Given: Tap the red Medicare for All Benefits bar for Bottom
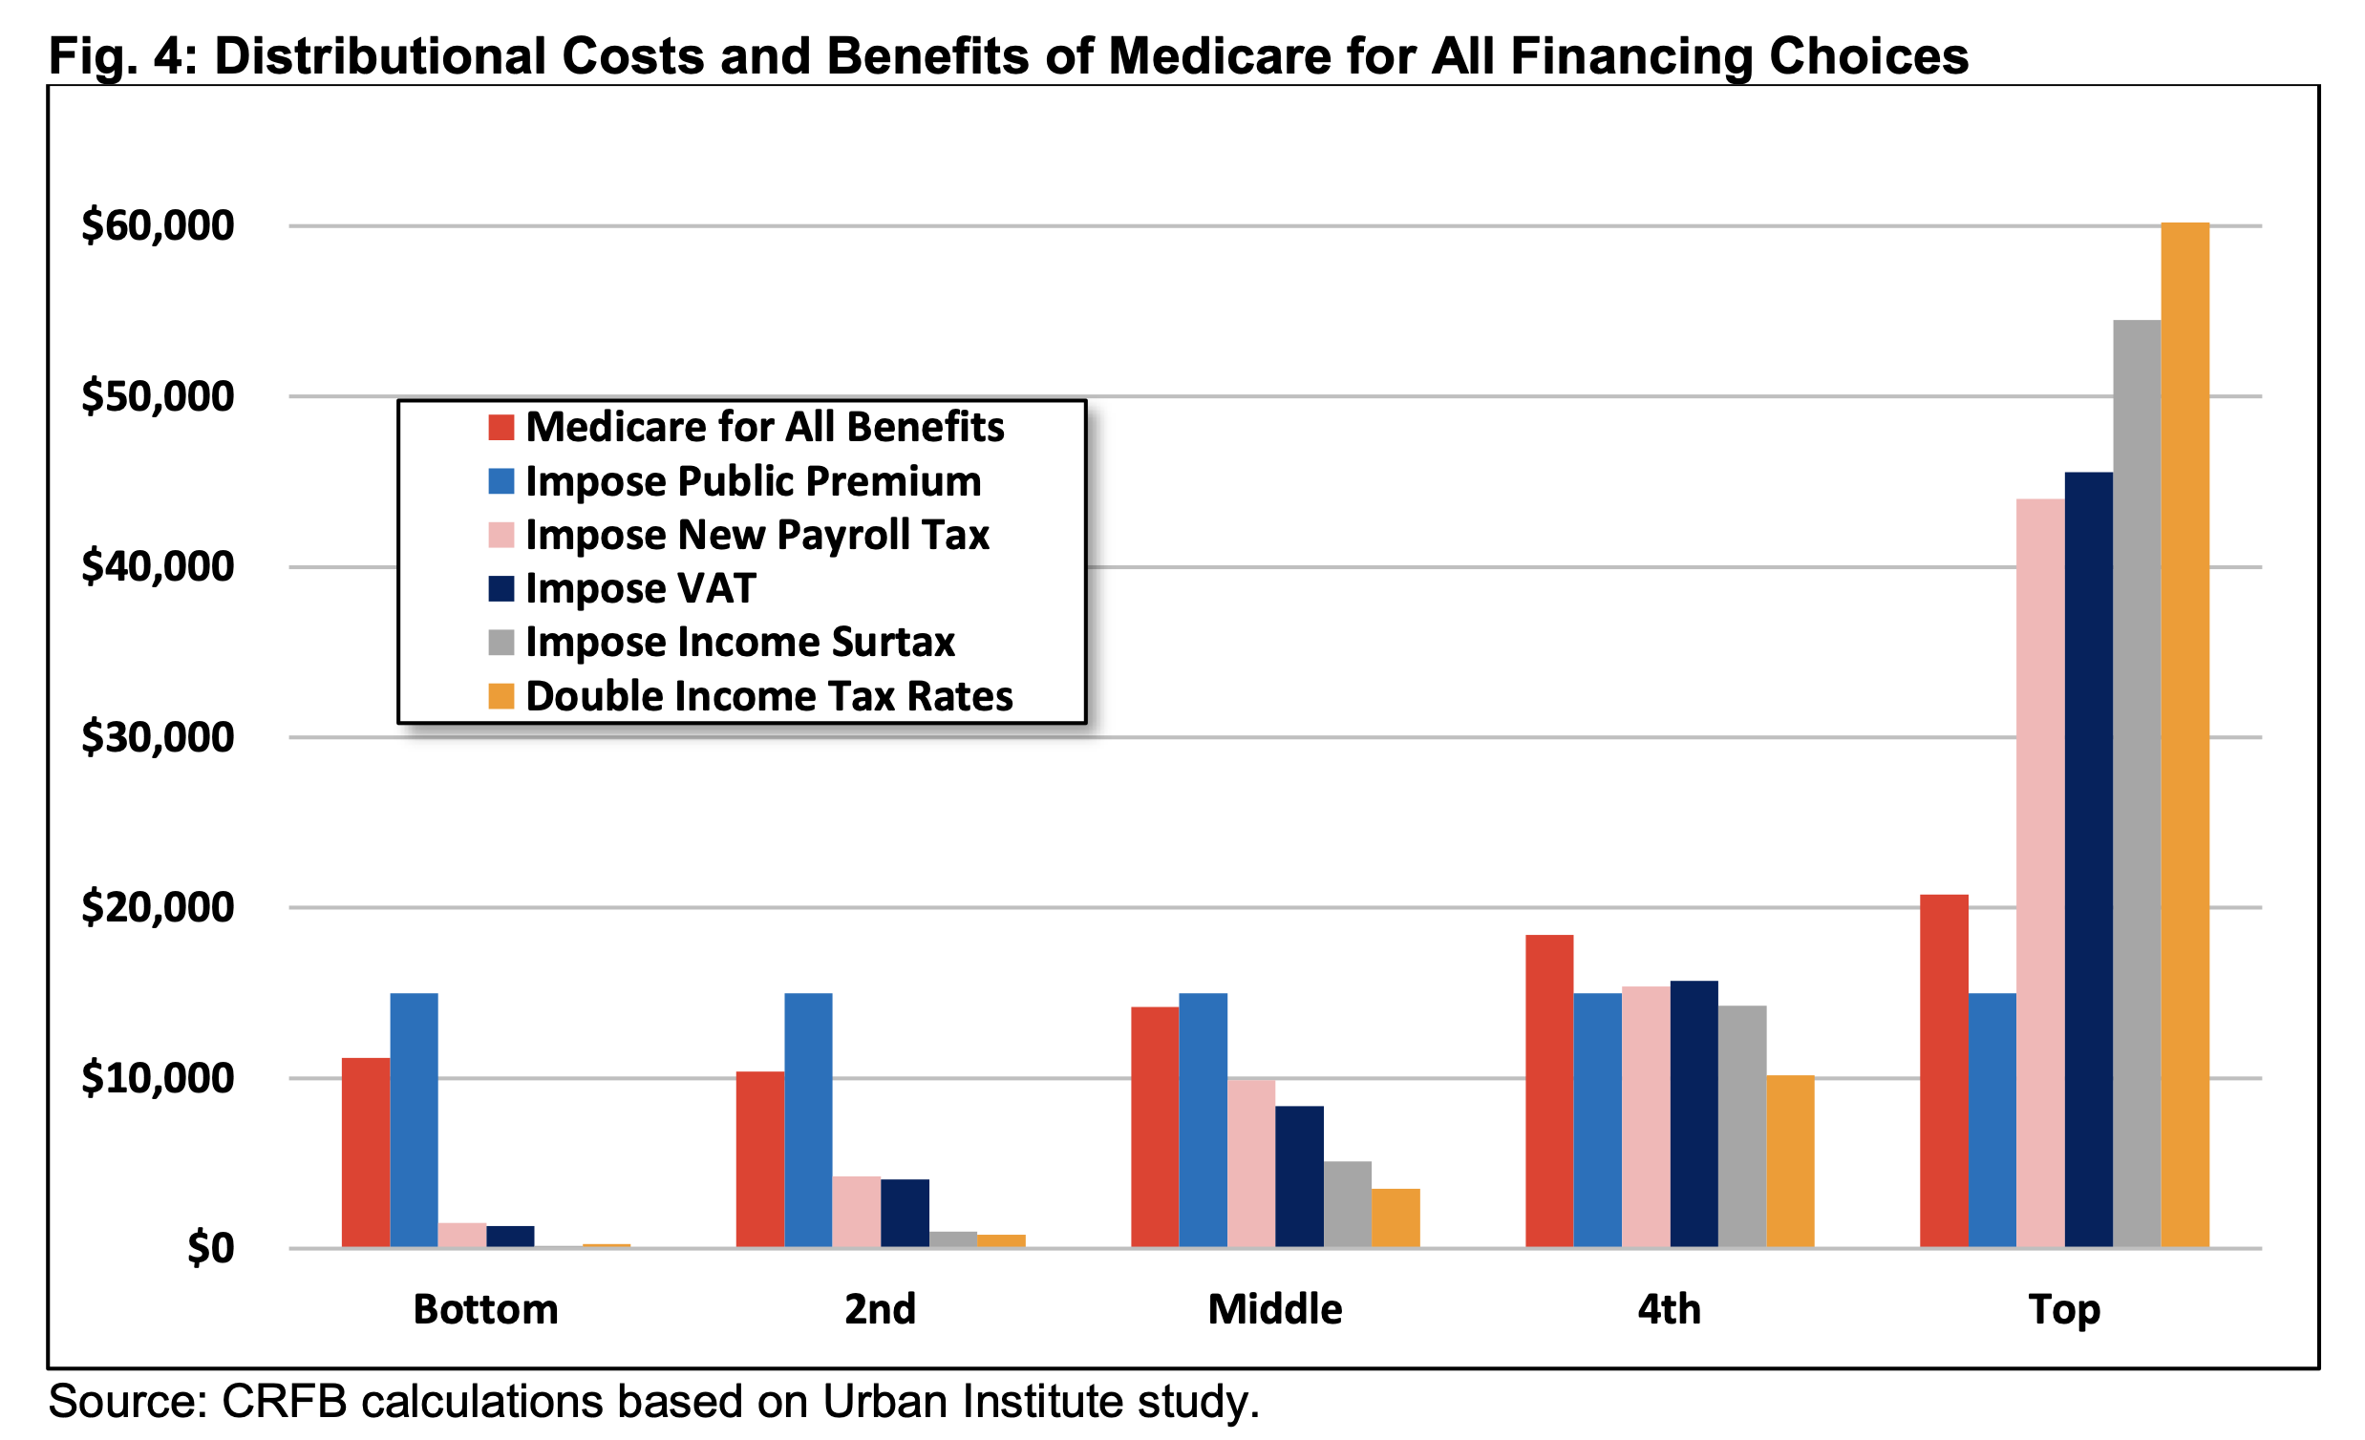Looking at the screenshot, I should (x=366, y=1153).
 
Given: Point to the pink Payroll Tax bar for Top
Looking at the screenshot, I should (x=2040, y=873).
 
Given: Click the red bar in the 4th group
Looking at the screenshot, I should (x=1549, y=1091).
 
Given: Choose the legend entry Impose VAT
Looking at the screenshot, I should (x=640, y=588).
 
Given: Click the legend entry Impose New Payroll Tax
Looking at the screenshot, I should (x=756, y=535).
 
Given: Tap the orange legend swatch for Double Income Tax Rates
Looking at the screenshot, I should (x=501, y=695).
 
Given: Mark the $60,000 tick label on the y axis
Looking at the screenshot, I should (x=158, y=225).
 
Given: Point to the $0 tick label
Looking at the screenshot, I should (x=210, y=1248).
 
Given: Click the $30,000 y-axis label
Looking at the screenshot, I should (x=158, y=737).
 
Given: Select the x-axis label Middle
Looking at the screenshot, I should (x=1274, y=1309).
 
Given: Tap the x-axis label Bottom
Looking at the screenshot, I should (x=485, y=1309).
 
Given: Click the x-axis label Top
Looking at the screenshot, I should (x=2063, y=1309).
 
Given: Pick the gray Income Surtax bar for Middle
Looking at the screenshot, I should (x=1348, y=1204).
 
